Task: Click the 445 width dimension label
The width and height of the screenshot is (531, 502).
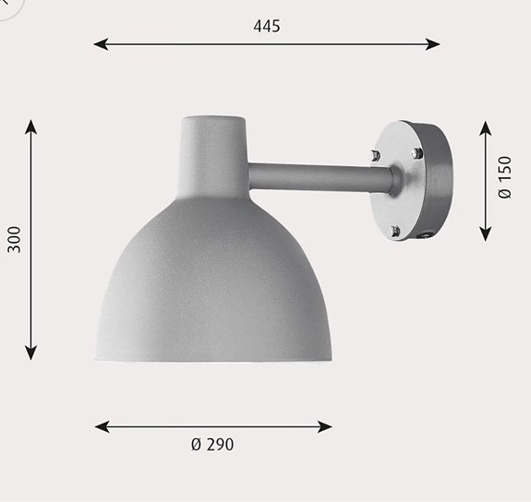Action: click(267, 26)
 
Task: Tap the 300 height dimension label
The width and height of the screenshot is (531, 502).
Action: click(13, 239)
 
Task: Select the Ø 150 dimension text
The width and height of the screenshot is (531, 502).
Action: click(504, 177)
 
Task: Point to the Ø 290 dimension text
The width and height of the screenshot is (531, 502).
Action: click(212, 445)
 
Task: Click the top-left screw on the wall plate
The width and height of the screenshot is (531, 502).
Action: click(375, 155)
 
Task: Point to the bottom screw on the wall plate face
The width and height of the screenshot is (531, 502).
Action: click(395, 230)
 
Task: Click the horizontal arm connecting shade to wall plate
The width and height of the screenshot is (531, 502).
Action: click(314, 173)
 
